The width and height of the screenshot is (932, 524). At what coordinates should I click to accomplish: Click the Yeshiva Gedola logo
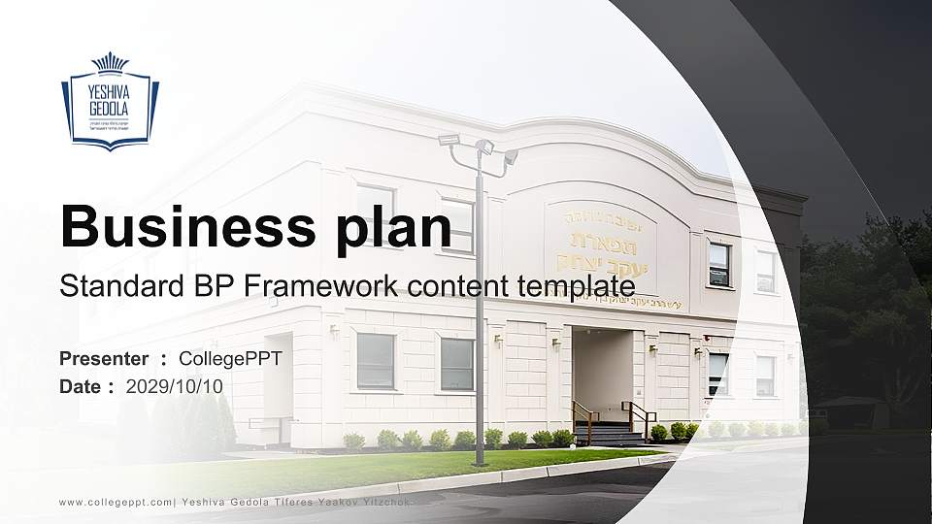[110, 102]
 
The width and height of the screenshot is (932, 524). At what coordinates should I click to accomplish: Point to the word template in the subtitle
[575, 286]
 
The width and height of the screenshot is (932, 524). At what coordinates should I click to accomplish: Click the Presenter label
[104, 359]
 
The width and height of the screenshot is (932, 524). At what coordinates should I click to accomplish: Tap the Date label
[81, 386]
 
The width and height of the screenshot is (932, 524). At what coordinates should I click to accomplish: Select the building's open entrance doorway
[602, 374]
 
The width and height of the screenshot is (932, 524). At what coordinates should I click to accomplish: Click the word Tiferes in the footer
[291, 502]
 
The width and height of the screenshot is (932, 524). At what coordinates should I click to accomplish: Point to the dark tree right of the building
[864, 311]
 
